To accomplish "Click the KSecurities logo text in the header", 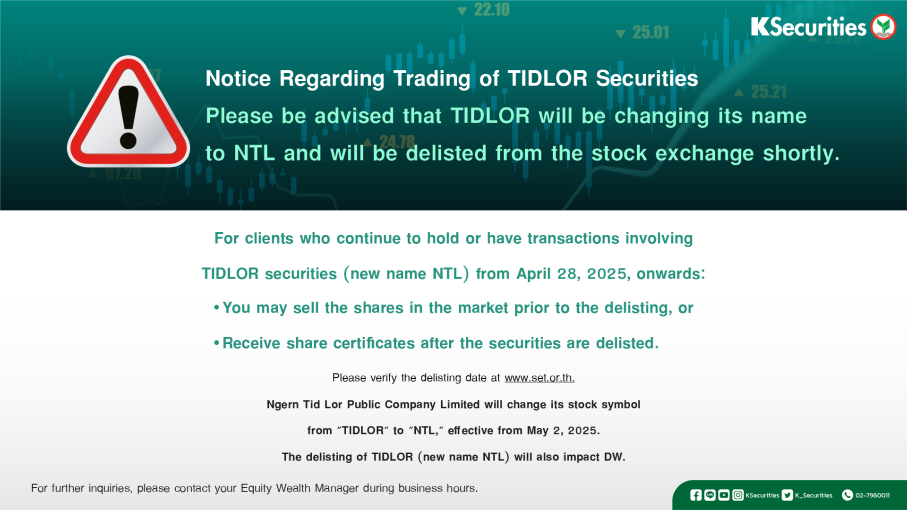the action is point(808,26).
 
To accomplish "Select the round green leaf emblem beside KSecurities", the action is point(883,26).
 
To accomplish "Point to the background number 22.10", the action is point(492,9).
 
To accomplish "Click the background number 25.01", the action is point(651,32).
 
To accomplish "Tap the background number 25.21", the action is point(769,92).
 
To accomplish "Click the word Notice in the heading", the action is point(238,78).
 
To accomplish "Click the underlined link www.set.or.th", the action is point(539,378).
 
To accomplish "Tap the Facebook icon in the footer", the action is point(696,495).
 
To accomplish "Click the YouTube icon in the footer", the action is point(724,495).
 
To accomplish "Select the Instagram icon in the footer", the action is point(738,495).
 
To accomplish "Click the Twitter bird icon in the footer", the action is point(787,495).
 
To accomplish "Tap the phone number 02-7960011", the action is point(873,495).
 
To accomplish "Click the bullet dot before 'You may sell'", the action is point(217,308).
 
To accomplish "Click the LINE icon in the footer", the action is point(710,495).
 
